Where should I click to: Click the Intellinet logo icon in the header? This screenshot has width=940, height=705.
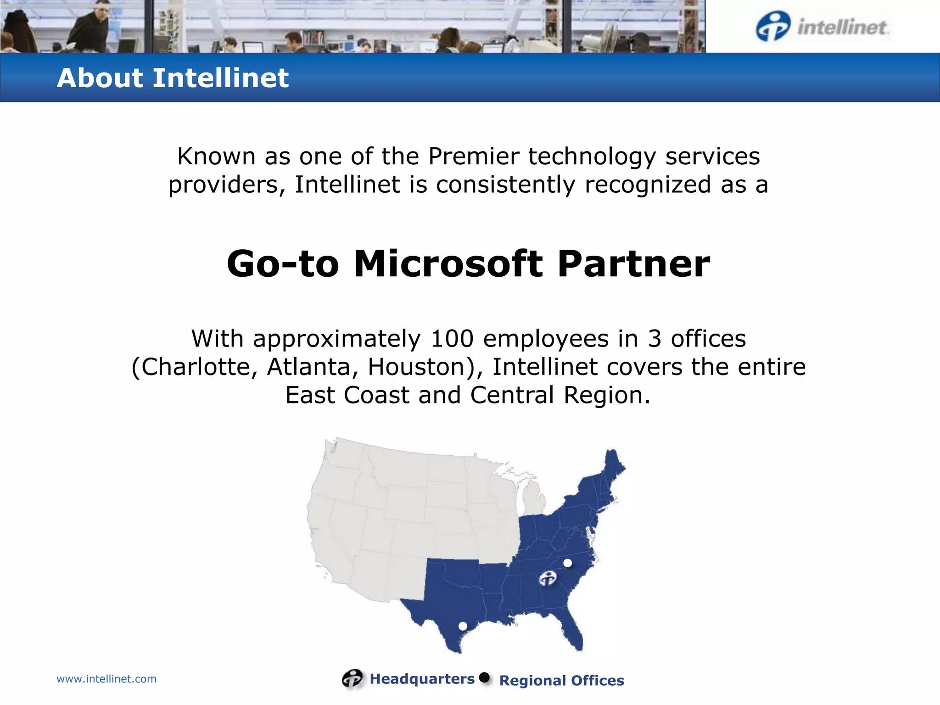pos(773,26)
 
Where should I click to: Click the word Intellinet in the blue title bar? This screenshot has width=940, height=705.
pos(220,78)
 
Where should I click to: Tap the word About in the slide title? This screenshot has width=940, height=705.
pos(100,78)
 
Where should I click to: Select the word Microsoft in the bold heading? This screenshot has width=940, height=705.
pos(448,264)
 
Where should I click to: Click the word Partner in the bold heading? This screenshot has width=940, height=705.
pos(634,264)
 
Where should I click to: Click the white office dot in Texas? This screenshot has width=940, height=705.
pos(463,626)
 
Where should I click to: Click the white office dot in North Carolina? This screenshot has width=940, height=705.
pos(568,563)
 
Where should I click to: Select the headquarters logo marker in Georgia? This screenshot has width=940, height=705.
pos(548,578)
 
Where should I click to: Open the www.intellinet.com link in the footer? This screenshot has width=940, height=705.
pos(106,679)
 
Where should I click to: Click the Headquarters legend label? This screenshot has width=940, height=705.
pos(422,679)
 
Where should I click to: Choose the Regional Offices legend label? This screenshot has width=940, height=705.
pos(561,680)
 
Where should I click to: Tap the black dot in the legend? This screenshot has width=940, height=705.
pos(484,677)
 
